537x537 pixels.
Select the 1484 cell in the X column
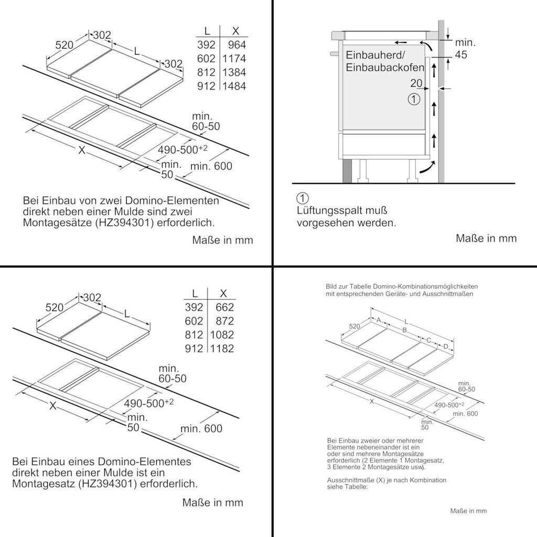234,86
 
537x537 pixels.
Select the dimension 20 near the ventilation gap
416,83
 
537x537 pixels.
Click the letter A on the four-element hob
378,319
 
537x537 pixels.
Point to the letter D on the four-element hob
446,346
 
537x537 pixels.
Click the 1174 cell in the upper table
234,59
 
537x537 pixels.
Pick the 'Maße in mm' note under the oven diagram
486,238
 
